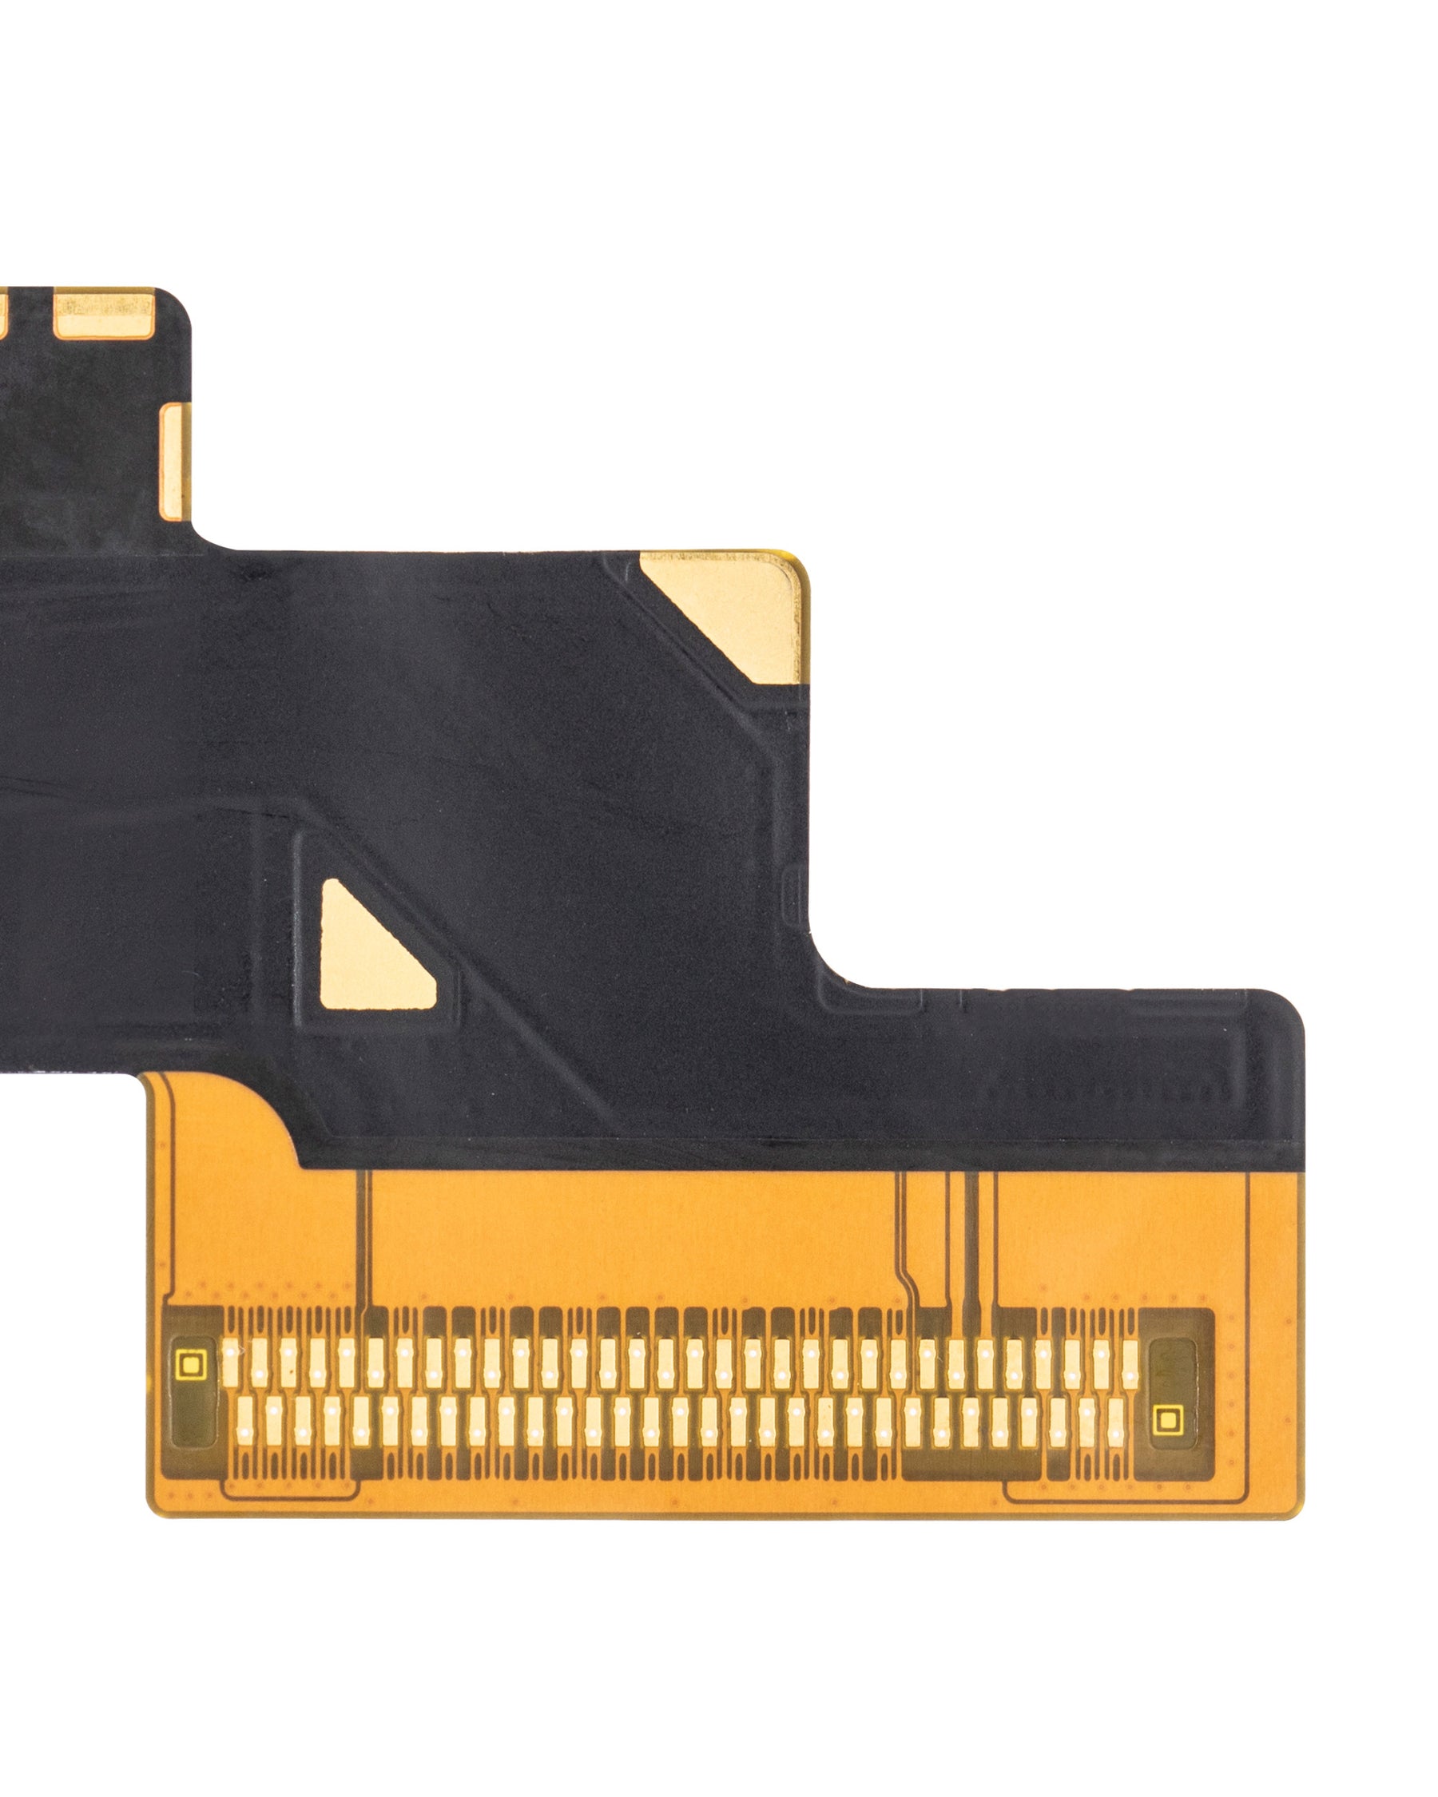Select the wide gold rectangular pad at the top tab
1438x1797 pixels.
tap(104, 314)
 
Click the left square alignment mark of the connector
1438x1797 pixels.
tap(191, 1364)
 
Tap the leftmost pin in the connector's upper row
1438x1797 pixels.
tap(231, 1364)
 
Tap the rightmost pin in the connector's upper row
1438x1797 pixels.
tap(1130, 1364)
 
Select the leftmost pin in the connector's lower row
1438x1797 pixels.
tap(245, 1420)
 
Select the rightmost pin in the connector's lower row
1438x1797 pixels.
tap(1116, 1420)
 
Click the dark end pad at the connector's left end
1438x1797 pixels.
tap(193, 1392)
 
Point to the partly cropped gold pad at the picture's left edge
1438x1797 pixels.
tap(2, 314)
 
